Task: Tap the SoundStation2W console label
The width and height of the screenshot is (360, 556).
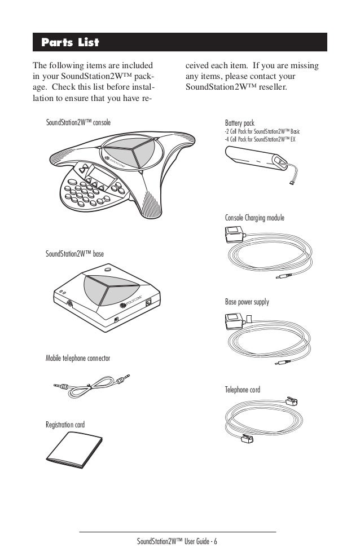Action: (x=78, y=122)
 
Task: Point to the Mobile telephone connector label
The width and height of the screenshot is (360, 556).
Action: (x=77, y=359)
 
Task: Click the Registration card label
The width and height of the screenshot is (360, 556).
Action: (x=65, y=424)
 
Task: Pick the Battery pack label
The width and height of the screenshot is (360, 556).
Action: (x=240, y=122)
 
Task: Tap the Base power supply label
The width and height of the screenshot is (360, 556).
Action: (x=247, y=302)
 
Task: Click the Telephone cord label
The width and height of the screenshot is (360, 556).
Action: (x=243, y=390)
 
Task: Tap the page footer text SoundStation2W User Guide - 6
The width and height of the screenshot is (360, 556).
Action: (x=180, y=542)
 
